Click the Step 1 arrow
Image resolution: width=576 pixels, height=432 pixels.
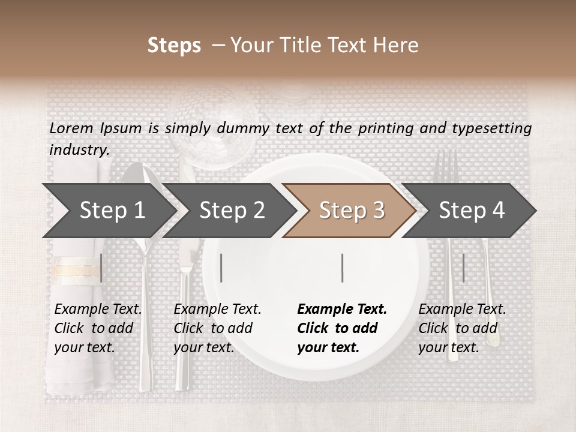point(112,211)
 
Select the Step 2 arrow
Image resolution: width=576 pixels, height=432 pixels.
point(232,211)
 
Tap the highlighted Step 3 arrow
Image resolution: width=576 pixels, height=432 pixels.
point(351,211)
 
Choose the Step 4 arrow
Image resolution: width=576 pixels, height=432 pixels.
point(472,211)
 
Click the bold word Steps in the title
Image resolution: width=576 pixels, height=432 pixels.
point(174,46)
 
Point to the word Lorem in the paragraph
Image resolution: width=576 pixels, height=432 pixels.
point(71,128)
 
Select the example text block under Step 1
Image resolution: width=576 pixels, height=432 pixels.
point(98,328)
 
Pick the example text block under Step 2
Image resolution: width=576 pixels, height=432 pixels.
point(217,328)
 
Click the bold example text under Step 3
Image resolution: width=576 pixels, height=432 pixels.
point(342,328)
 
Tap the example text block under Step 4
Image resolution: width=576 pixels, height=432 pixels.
point(462,328)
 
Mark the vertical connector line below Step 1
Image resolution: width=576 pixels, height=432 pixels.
point(101,268)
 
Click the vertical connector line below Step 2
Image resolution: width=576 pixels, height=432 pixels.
point(221,268)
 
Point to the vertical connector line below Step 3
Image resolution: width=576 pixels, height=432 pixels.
point(342,268)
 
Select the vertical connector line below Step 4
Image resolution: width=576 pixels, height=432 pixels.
point(463,268)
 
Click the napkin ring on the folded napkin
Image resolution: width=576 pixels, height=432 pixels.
point(76,271)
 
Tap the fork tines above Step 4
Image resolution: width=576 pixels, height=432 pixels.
point(446,165)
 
